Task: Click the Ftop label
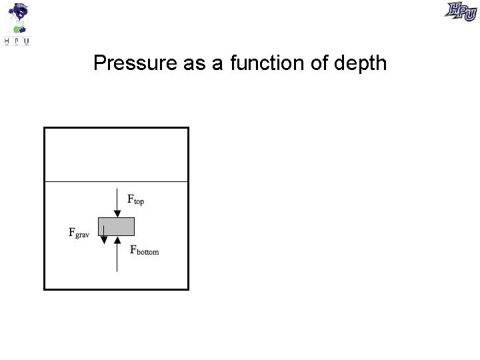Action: (x=135, y=199)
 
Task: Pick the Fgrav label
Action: (x=79, y=233)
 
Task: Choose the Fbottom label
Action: (x=145, y=251)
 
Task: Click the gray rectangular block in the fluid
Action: (x=117, y=226)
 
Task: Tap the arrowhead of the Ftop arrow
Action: (x=117, y=213)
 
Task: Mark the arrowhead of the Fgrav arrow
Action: (x=103, y=240)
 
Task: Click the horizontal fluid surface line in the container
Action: (x=116, y=181)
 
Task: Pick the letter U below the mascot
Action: (x=27, y=41)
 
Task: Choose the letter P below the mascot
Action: (x=17, y=41)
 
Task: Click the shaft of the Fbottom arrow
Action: (x=117, y=257)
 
